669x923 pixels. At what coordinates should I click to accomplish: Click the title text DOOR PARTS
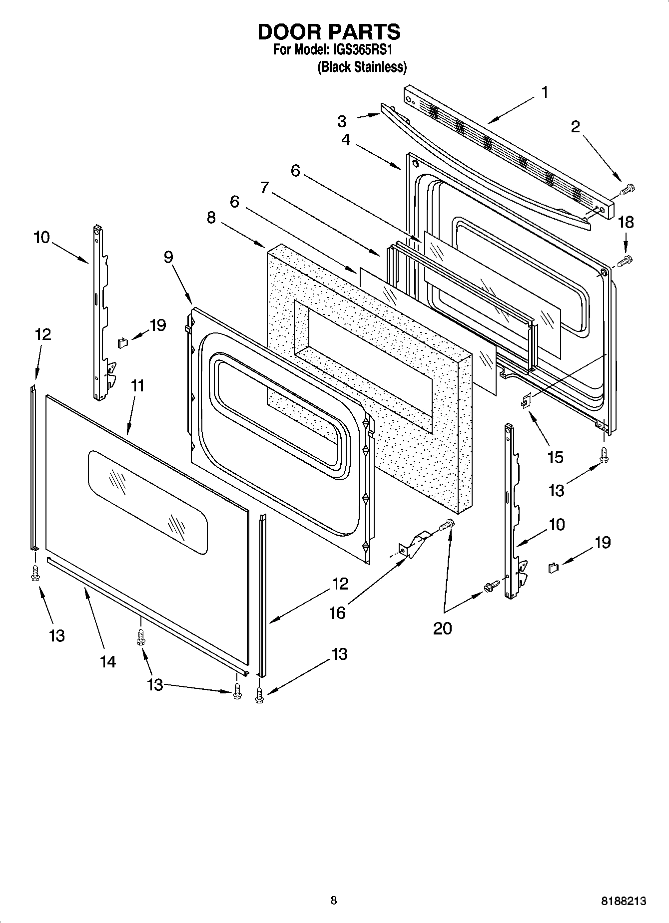pyautogui.click(x=329, y=32)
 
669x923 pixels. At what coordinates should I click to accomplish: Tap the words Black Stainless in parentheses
pyautogui.click(x=362, y=67)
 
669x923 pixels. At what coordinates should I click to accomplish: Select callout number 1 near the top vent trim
pyautogui.click(x=545, y=92)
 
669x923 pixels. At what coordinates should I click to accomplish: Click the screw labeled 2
pyautogui.click(x=628, y=189)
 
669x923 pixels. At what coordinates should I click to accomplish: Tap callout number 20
pyautogui.click(x=442, y=628)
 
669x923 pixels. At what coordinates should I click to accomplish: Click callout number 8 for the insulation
pyautogui.click(x=211, y=218)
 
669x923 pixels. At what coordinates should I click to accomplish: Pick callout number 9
pyautogui.click(x=168, y=257)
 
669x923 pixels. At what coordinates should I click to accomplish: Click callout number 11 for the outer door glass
pyautogui.click(x=137, y=386)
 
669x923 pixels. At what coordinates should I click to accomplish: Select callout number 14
pyautogui.click(x=108, y=662)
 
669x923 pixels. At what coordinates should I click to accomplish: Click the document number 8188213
pyautogui.click(x=623, y=901)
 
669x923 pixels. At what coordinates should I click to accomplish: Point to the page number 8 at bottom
pyautogui.click(x=333, y=901)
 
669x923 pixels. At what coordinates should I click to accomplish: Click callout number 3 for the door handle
pyautogui.click(x=342, y=121)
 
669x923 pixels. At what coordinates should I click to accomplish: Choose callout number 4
pyautogui.click(x=346, y=140)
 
